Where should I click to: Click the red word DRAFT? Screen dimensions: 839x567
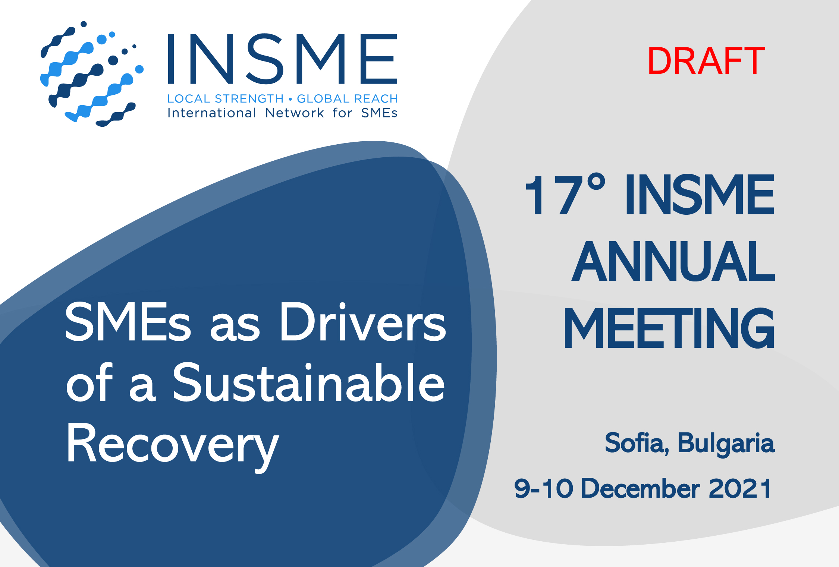(706, 61)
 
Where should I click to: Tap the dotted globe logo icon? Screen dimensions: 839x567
(92, 74)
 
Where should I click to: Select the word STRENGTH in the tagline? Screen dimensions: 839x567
(249, 99)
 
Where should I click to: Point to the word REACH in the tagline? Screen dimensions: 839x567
(376, 99)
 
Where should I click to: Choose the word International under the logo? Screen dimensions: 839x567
(211, 113)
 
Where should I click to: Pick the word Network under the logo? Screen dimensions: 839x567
(295, 113)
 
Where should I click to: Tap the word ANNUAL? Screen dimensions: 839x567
(673, 261)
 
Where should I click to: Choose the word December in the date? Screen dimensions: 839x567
(641, 488)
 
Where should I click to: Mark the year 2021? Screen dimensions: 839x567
(740, 488)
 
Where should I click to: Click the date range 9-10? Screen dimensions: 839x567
(544, 488)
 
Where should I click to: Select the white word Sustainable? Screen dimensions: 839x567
(309, 383)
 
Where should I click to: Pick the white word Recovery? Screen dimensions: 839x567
(173, 445)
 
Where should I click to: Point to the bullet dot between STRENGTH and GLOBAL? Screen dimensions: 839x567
(290, 99)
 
